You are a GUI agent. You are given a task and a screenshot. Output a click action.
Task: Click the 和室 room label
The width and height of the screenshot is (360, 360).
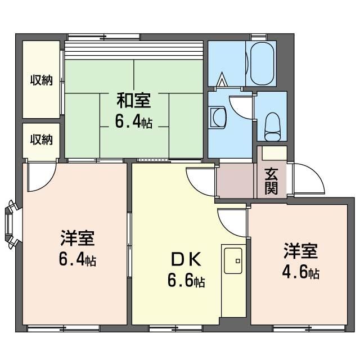point(134,100)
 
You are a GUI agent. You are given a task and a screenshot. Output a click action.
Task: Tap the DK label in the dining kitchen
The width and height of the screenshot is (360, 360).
point(186,259)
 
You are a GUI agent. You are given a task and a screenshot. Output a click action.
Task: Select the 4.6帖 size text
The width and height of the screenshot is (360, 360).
point(300,272)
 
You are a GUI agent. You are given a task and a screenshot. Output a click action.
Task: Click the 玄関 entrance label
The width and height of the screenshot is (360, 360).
point(271,181)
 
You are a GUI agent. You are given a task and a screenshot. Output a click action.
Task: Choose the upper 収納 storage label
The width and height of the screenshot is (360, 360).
point(42,80)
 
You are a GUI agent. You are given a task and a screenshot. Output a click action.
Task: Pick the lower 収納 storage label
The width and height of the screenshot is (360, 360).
point(42,139)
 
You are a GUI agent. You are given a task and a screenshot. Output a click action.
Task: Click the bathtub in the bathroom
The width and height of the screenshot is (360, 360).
point(262,64)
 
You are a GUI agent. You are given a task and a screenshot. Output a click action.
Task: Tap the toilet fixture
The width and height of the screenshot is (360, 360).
point(272,127)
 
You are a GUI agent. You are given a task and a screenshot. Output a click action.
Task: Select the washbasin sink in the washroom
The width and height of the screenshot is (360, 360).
point(218,118)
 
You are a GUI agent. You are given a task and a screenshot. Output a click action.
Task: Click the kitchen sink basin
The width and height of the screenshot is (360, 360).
point(233,260)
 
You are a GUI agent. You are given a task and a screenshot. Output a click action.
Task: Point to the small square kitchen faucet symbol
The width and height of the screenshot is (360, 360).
point(238,261)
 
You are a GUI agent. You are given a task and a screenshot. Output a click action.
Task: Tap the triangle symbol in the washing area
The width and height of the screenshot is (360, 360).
point(222,79)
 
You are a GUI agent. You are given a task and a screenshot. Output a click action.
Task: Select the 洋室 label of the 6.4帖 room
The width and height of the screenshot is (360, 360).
point(78,238)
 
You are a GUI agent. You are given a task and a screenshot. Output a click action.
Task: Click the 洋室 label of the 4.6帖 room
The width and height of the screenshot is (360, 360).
point(300,251)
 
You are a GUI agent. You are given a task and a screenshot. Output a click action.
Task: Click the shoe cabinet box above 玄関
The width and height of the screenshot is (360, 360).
point(274,153)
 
